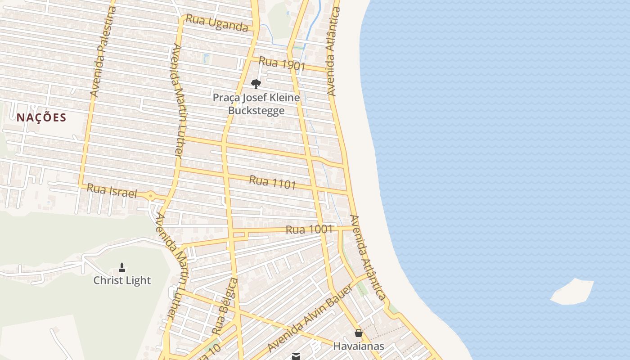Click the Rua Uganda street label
(216, 22)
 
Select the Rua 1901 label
(282, 64)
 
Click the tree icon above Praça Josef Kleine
(256, 84)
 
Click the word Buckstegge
(256, 110)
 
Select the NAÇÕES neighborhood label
(41, 118)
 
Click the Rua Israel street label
(111, 191)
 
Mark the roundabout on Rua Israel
(150, 196)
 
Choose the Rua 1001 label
(309, 229)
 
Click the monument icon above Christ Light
(121, 268)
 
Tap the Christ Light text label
(122, 280)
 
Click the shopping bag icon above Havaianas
(358, 333)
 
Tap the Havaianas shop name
(359, 346)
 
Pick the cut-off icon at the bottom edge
(296, 356)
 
